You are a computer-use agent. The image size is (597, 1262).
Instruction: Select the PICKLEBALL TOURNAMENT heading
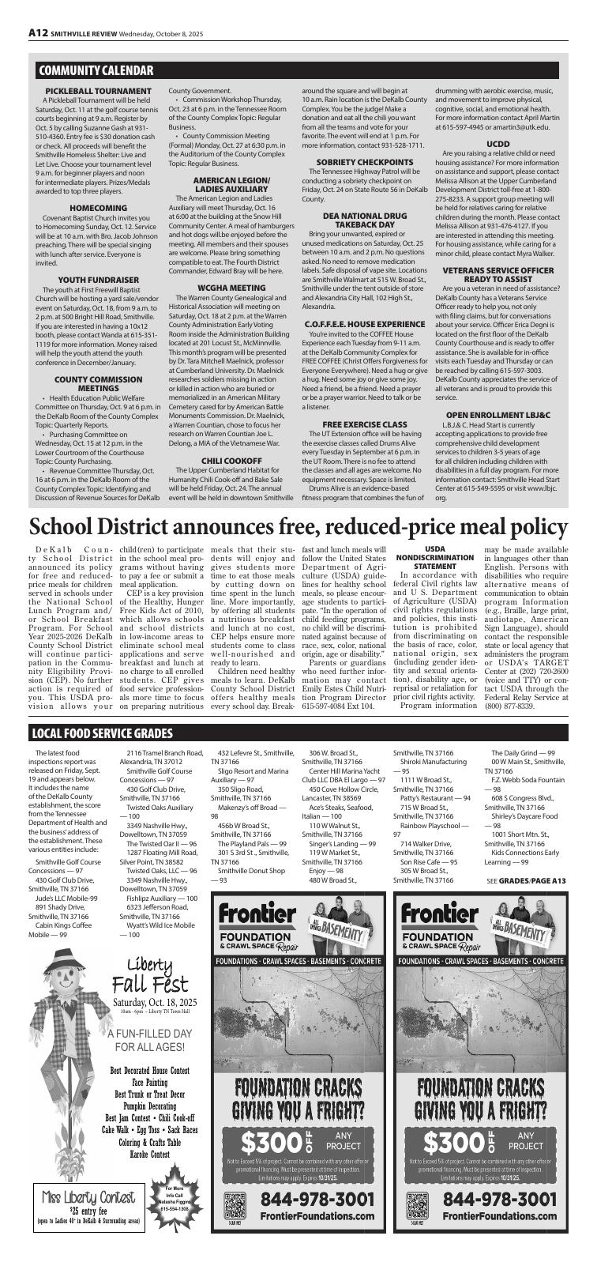98,92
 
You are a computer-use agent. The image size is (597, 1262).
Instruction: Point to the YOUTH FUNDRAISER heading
98,279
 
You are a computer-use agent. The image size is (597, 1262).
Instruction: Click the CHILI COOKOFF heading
231,459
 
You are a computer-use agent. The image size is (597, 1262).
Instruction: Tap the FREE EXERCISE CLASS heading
364,424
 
